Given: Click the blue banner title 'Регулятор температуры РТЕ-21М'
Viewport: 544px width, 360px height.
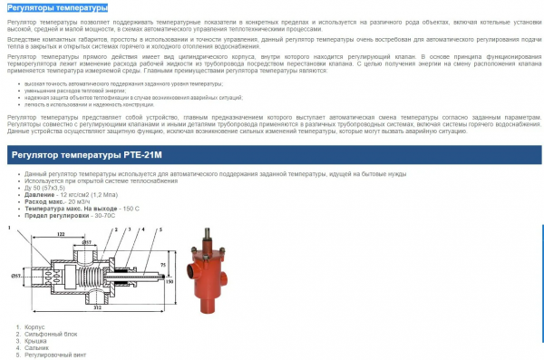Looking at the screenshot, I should point(87,156).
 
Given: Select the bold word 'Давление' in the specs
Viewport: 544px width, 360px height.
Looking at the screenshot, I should point(41,194).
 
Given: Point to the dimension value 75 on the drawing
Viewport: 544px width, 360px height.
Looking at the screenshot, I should point(160,266).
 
